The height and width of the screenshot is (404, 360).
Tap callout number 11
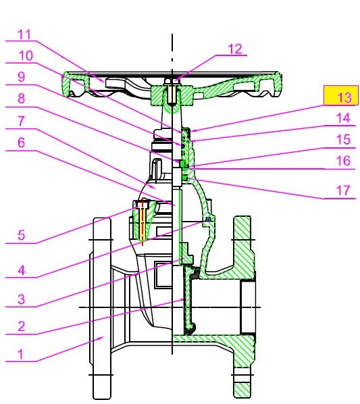click(x=24, y=33)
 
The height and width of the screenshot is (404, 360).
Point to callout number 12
click(x=234, y=49)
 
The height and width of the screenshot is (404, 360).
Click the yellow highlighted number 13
click(x=343, y=97)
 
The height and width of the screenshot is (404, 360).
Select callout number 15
click(x=344, y=141)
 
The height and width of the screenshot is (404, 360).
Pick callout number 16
click(x=344, y=161)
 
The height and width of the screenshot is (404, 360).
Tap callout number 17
click(x=344, y=190)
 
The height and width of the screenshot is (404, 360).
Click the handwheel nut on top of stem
click(x=172, y=84)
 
